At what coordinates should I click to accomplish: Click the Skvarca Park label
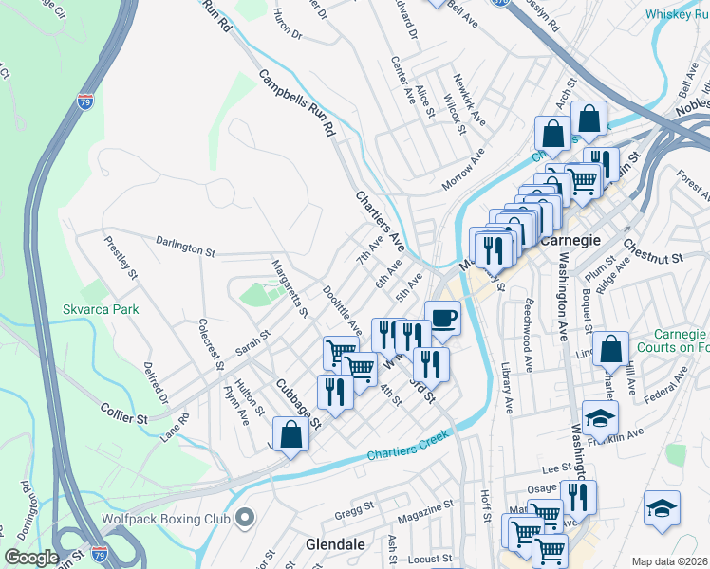[x=101, y=309]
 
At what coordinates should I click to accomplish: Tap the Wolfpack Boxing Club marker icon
[x=247, y=518]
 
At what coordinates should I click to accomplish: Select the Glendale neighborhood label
[x=336, y=545]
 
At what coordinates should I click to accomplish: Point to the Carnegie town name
[x=571, y=240]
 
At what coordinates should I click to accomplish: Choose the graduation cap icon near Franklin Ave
[x=600, y=417]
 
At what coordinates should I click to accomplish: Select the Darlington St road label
[x=186, y=248]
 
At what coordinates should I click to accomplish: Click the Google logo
[x=31, y=558]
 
